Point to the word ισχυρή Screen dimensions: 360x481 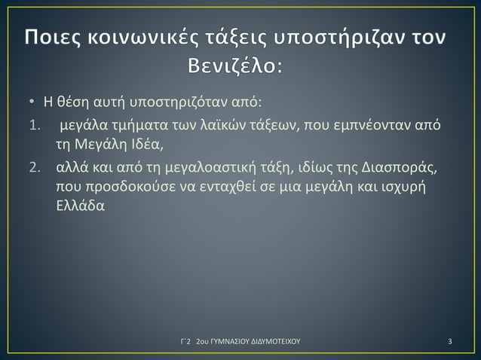404,186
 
